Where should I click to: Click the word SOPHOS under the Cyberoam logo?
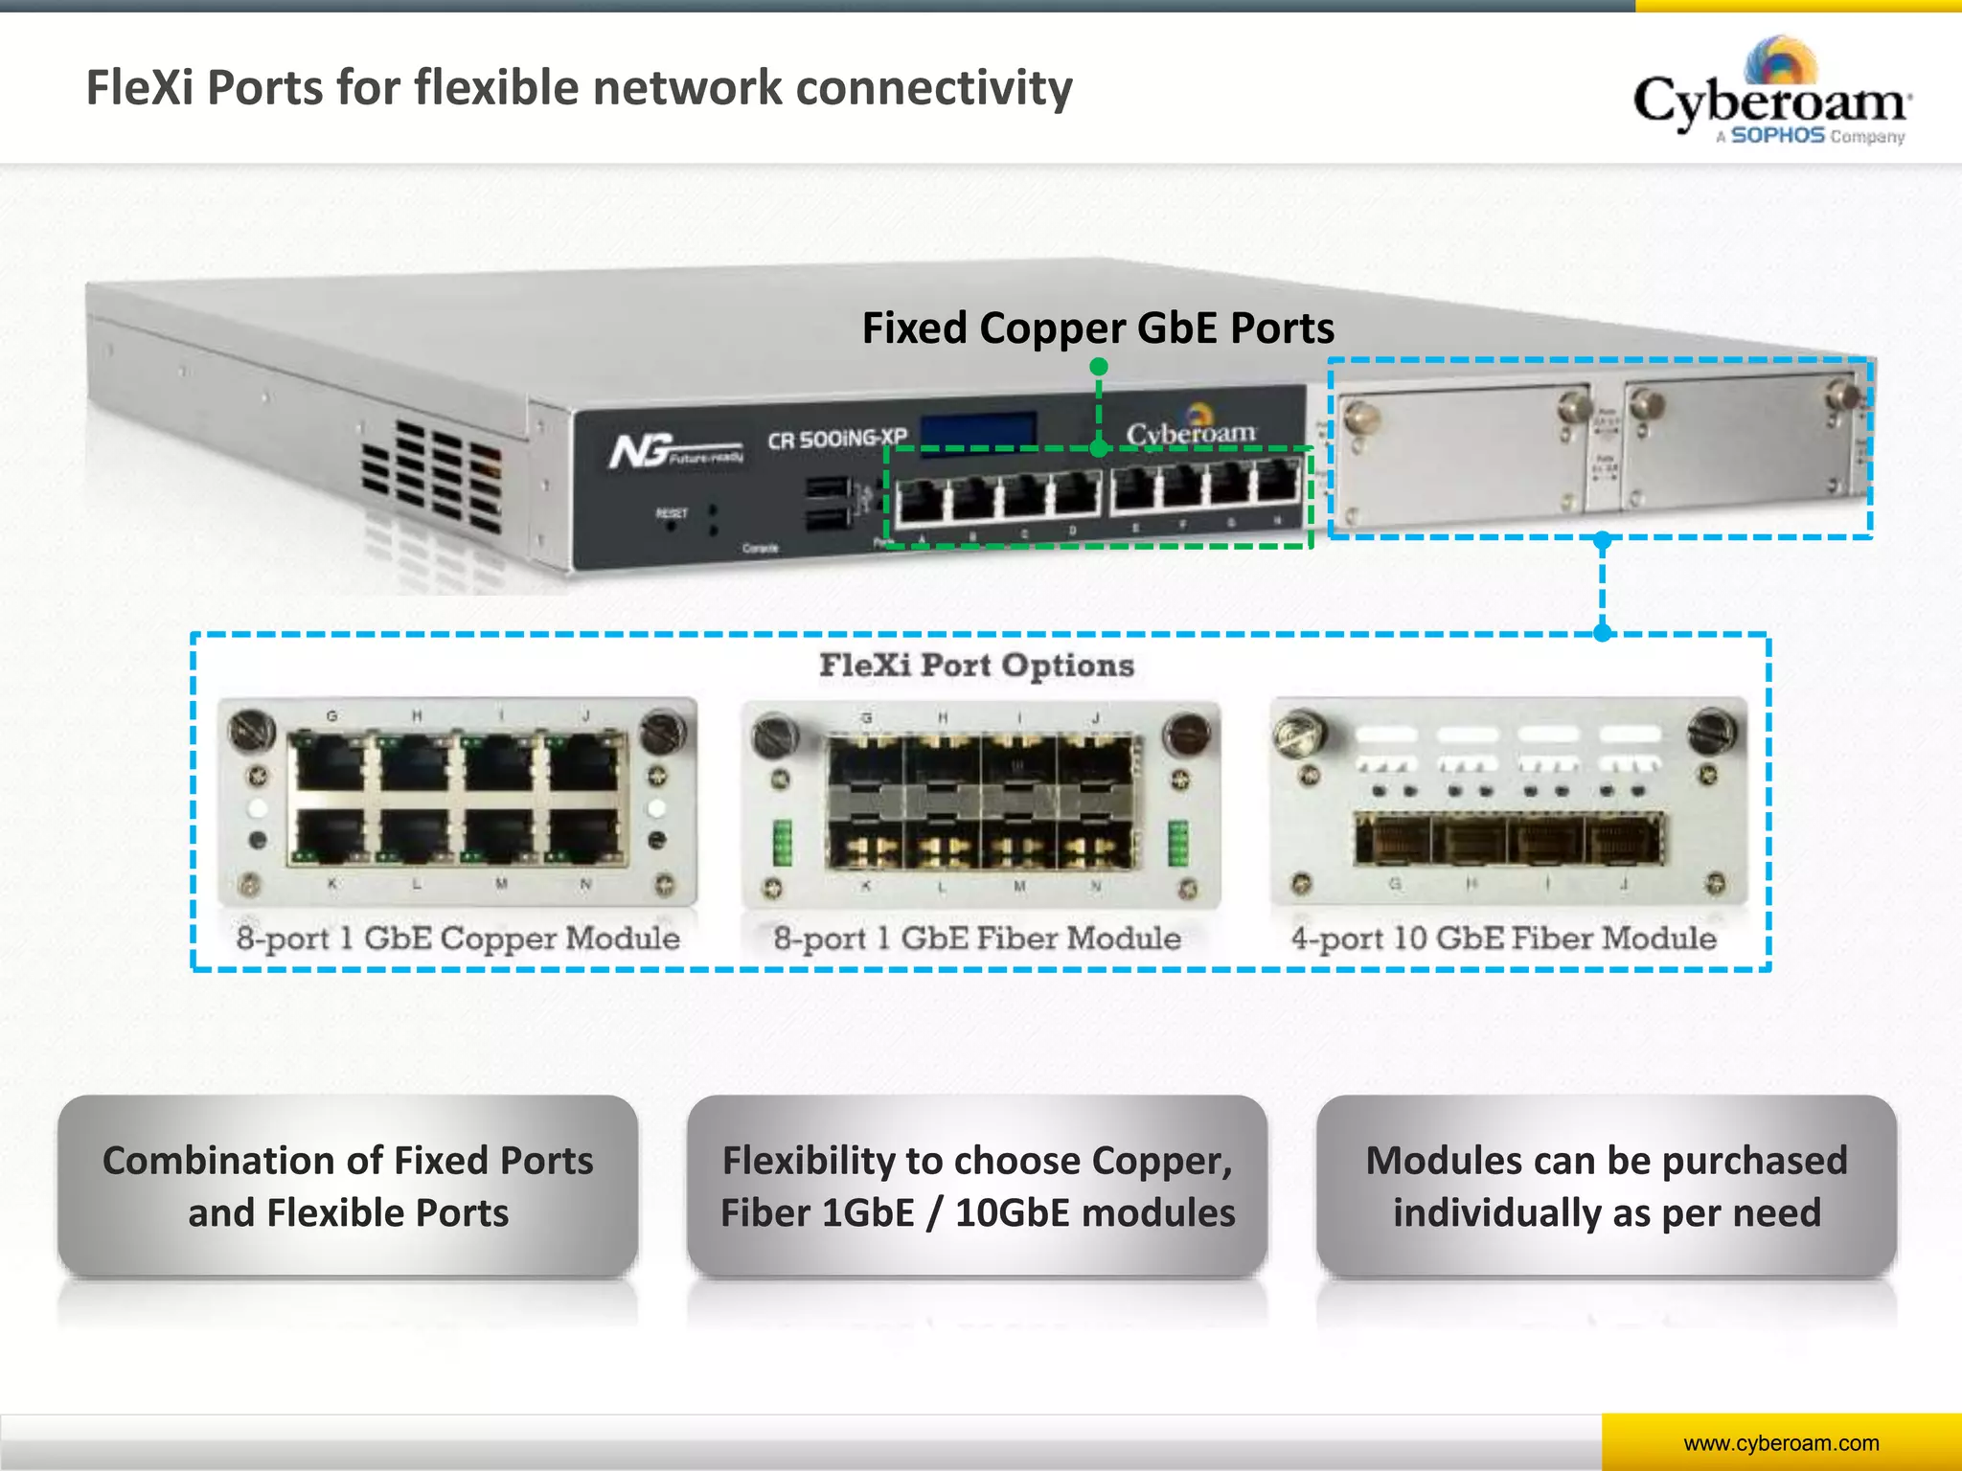[x=1777, y=136]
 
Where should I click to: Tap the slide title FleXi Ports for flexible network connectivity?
[x=579, y=88]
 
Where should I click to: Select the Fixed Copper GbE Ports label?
[x=1098, y=328]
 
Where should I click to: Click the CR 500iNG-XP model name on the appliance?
[x=836, y=440]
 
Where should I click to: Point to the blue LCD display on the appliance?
[x=978, y=430]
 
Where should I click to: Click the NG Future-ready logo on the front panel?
[x=675, y=450]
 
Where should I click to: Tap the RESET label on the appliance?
[x=671, y=513]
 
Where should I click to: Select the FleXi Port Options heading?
[x=976, y=665]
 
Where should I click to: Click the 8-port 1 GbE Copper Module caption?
[x=458, y=938]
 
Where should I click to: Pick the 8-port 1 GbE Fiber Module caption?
[x=977, y=938]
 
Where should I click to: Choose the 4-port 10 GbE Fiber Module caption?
[x=1503, y=938]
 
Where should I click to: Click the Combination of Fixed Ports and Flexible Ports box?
[x=348, y=1186]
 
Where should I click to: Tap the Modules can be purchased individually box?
[x=1607, y=1186]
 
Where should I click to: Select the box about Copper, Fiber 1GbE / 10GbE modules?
[x=977, y=1186]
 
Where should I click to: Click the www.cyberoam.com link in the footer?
[x=1781, y=1443]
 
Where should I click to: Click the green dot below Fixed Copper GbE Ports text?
[x=1099, y=367]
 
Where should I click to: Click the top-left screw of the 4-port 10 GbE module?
[x=1300, y=733]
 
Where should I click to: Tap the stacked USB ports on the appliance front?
[x=827, y=503]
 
